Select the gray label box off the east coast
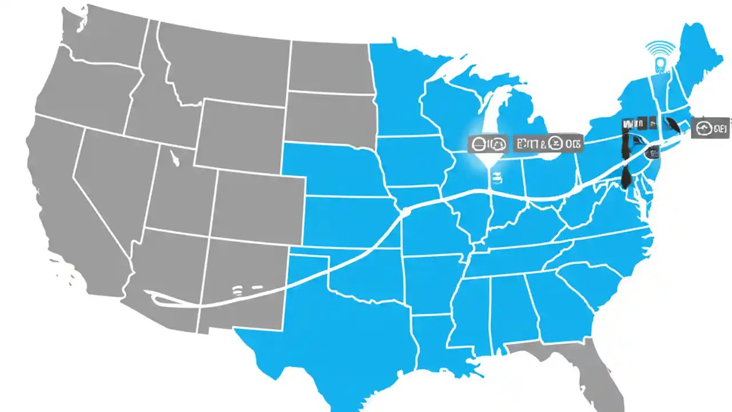pyautogui.click(x=710, y=128)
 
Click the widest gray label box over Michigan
pyautogui.click(x=547, y=144)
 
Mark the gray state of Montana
pyautogui.click(x=223, y=63)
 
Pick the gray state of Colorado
pyautogui.click(x=260, y=200)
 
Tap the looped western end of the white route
pyautogui.click(x=157, y=296)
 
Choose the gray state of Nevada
pyautogui.click(x=112, y=189)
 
